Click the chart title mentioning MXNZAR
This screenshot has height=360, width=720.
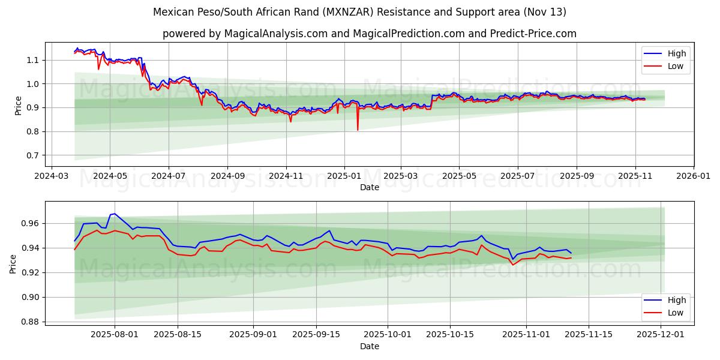[359, 12]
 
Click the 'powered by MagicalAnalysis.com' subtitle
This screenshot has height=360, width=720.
[369, 34]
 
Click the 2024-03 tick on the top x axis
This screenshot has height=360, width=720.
[51, 176]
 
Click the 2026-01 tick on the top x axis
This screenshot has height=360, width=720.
[694, 176]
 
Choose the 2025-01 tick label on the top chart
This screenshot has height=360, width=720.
[344, 176]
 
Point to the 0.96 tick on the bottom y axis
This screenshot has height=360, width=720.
[29, 223]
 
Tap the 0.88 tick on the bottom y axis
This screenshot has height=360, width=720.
[29, 322]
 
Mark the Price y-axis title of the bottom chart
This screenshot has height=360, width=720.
[13, 263]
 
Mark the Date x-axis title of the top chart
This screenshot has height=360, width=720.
[369, 187]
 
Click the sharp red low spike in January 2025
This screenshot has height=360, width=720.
[358, 130]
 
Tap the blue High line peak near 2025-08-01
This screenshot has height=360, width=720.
[115, 214]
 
